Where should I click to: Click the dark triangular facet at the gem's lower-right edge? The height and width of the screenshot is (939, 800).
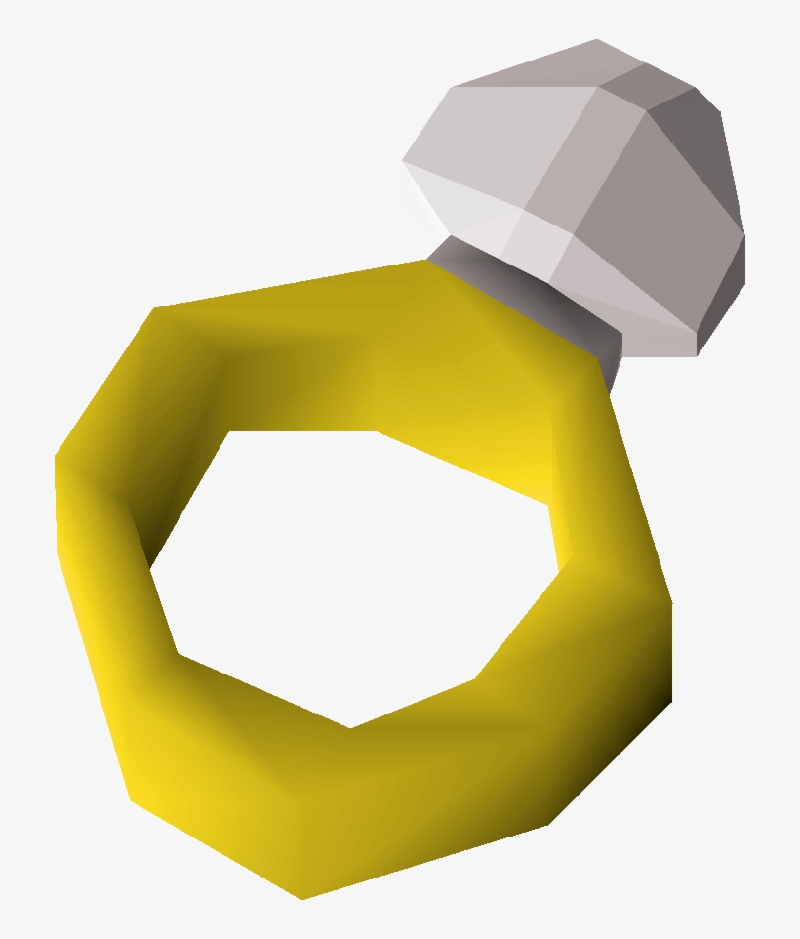tap(722, 293)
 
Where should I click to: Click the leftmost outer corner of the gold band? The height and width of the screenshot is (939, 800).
tap(57, 459)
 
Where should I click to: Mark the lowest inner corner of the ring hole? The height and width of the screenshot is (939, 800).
tap(351, 727)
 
